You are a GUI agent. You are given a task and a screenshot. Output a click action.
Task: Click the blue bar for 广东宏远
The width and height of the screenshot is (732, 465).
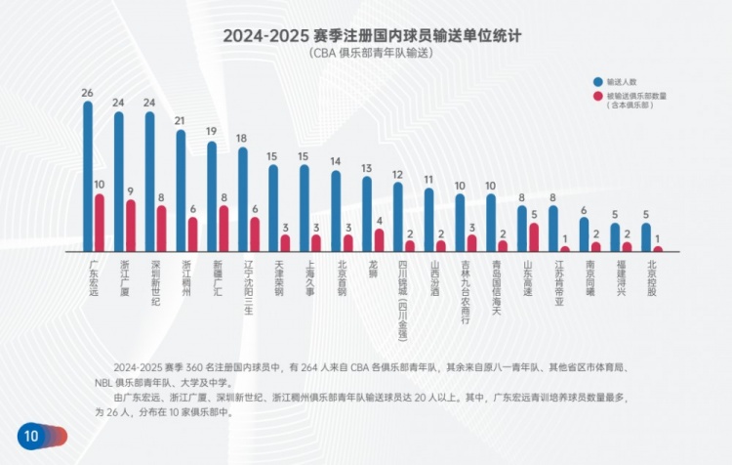88,176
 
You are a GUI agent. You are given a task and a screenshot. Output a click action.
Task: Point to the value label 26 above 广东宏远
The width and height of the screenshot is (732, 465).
88,93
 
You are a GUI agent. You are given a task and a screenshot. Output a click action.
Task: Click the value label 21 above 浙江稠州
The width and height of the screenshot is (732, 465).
181,121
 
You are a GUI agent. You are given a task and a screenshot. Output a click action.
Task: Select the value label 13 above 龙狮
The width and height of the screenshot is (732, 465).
367,168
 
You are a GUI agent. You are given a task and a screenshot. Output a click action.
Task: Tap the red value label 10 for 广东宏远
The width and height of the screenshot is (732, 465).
100,185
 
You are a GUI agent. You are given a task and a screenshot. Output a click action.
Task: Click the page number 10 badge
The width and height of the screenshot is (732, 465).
31,436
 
